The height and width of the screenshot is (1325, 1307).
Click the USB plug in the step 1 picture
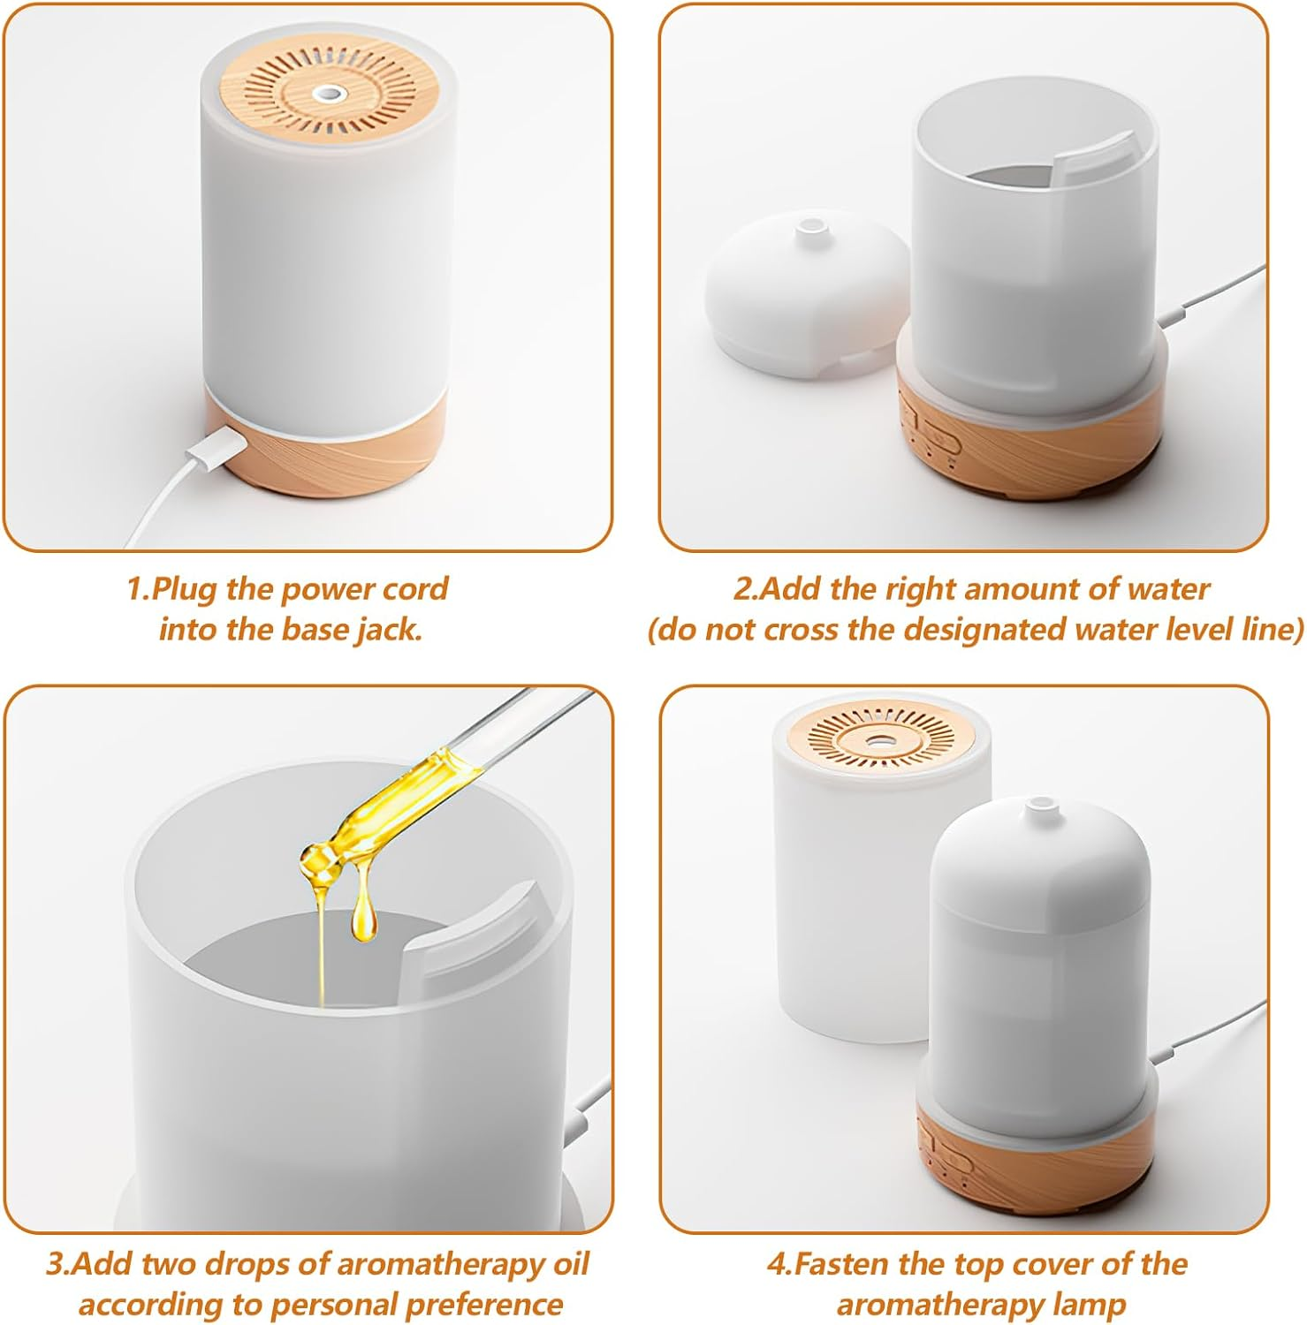(x=212, y=446)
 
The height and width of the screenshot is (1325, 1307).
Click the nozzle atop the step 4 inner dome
(x=1040, y=807)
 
